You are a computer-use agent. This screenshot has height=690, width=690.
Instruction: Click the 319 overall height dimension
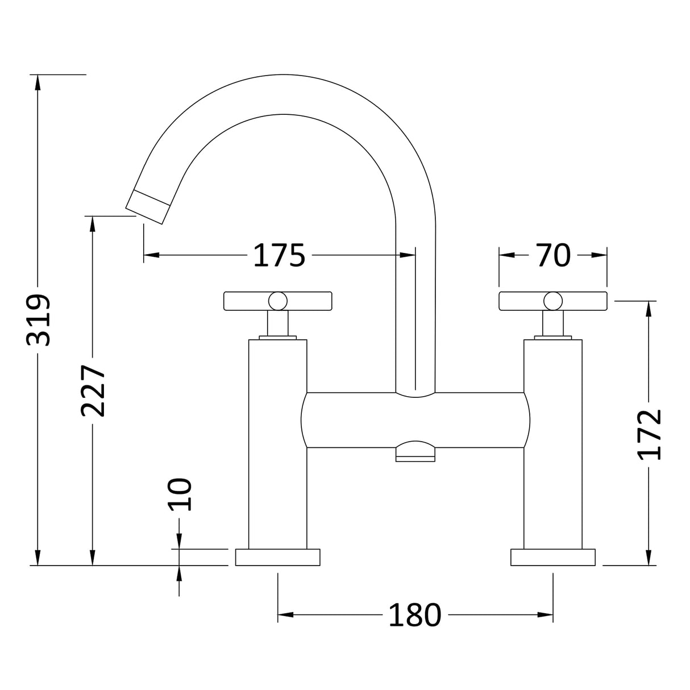pyautogui.click(x=39, y=320)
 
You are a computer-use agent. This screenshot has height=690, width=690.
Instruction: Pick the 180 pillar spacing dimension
pyautogui.click(x=414, y=615)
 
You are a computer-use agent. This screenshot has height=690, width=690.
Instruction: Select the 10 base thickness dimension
pyautogui.click(x=180, y=494)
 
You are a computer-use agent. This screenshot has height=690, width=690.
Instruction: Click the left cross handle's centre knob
pyautogui.click(x=278, y=301)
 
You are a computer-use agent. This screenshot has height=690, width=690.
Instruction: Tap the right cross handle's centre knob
pyautogui.click(x=552, y=301)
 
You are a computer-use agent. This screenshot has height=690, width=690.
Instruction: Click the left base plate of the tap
pyautogui.click(x=278, y=557)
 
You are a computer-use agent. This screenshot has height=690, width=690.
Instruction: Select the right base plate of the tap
pyautogui.click(x=552, y=557)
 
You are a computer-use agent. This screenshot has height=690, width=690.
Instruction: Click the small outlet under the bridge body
pyautogui.click(x=415, y=452)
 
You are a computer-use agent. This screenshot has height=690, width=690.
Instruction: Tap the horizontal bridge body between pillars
pyautogui.click(x=415, y=419)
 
